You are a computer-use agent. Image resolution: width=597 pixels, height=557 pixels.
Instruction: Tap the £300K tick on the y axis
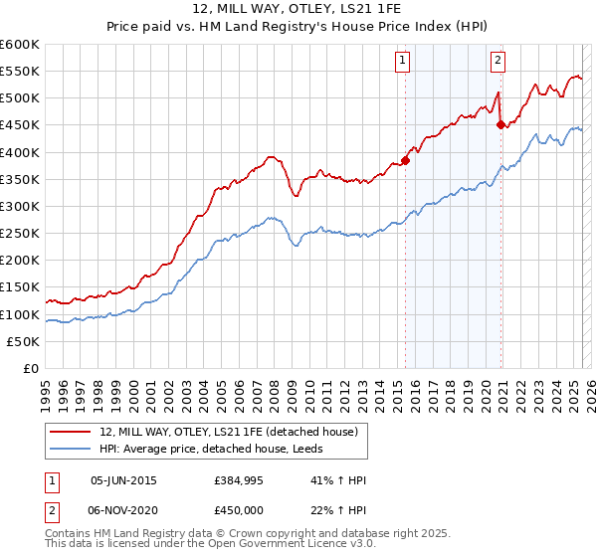point(19,206)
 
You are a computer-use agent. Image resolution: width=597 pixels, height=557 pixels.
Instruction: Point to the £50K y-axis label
point(23,341)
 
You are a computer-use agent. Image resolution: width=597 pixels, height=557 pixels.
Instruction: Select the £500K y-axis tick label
point(19,97)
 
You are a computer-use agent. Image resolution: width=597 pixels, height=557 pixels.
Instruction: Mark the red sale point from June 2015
point(406,160)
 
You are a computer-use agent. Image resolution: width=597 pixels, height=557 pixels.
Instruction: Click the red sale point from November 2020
point(500,125)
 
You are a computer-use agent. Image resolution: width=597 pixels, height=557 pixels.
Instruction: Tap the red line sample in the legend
point(71,432)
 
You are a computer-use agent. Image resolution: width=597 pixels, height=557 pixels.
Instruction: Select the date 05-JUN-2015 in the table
point(123,480)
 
